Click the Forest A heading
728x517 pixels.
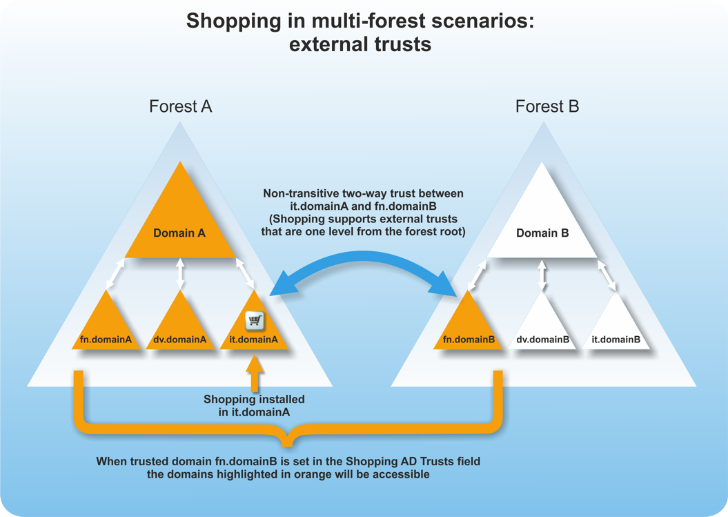(180, 106)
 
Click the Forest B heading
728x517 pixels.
(547, 106)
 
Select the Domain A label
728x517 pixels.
(179, 233)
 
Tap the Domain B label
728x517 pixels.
(542, 233)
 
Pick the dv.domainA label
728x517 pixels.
(180, 340)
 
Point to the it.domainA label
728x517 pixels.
(254, 340)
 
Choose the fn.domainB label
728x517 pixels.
(469, 340)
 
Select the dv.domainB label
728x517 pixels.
(542, 340)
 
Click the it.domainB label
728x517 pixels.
(616, 340)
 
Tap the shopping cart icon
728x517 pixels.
(255, 320)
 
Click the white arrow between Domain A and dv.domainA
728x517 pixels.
(180, 273)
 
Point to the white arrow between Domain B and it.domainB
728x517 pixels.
(608, 275)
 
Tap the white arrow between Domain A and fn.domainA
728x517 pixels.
(114, 274)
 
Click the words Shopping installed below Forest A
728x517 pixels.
(254, 399)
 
